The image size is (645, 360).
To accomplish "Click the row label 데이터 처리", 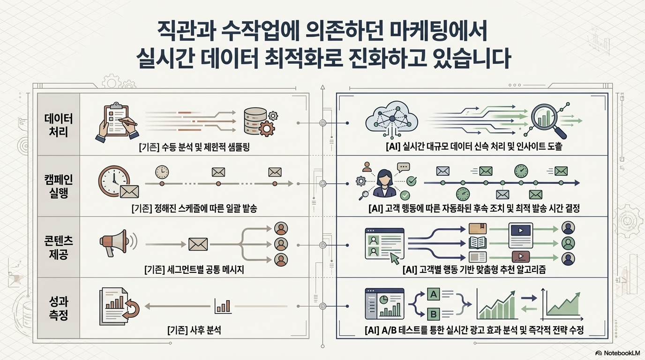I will point(59,124).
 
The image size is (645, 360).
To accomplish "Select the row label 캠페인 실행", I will point(59,186).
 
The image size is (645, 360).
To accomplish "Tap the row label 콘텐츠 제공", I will point(59,247).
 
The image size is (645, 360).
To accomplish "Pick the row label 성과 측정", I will point(59,307).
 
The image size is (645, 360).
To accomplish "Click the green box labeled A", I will point(434,294).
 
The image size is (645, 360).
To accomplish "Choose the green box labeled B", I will point(434,313).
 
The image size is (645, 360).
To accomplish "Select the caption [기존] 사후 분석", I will point(194,330).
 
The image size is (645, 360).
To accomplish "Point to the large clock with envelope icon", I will point(118,183).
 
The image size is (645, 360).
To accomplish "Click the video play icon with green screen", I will point(520,231).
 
